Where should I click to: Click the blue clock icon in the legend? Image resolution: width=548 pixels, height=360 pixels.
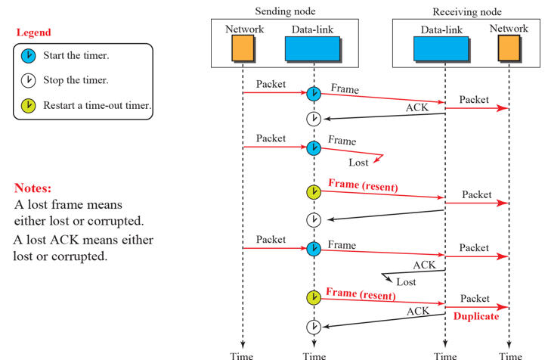(x=28, y=56)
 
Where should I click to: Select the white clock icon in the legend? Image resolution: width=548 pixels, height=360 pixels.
(x=28, y=80)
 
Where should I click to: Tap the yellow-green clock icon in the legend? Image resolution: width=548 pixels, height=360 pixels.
(x=28, y=106)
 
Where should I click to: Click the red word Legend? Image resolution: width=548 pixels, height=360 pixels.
(x=33, y=33)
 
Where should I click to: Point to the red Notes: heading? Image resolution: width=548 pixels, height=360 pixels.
(x=33, y=188)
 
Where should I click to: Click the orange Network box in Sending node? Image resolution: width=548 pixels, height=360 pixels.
(x=243, y=48)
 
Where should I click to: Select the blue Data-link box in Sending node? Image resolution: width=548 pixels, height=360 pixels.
(x=313, y=49)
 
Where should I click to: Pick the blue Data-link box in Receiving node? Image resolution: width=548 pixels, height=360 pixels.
(x=441, y=49)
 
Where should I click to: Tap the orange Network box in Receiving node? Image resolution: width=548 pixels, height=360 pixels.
(x=509, y=48)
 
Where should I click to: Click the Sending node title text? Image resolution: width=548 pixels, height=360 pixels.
(x=285, y=11)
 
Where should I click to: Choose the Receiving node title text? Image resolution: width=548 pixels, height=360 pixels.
(x=467, y=12)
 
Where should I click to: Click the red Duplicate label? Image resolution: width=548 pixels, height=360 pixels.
(x=476, y=316)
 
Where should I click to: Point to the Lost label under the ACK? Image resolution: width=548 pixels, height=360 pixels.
(x=406, y=282)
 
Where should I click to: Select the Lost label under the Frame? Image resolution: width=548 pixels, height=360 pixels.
(x=358, y=163)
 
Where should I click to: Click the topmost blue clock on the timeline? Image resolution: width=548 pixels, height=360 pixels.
(x=314, y=94)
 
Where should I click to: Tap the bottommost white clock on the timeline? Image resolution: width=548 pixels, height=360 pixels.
(x=314, y=327)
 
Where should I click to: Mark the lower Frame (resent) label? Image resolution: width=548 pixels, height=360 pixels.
(x=361, y=294)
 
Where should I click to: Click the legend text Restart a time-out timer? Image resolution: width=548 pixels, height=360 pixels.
(x=98, y=105)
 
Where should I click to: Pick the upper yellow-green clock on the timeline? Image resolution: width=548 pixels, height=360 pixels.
(x=314, y=192)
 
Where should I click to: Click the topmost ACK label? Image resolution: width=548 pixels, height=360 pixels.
(x=417, y=107)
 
